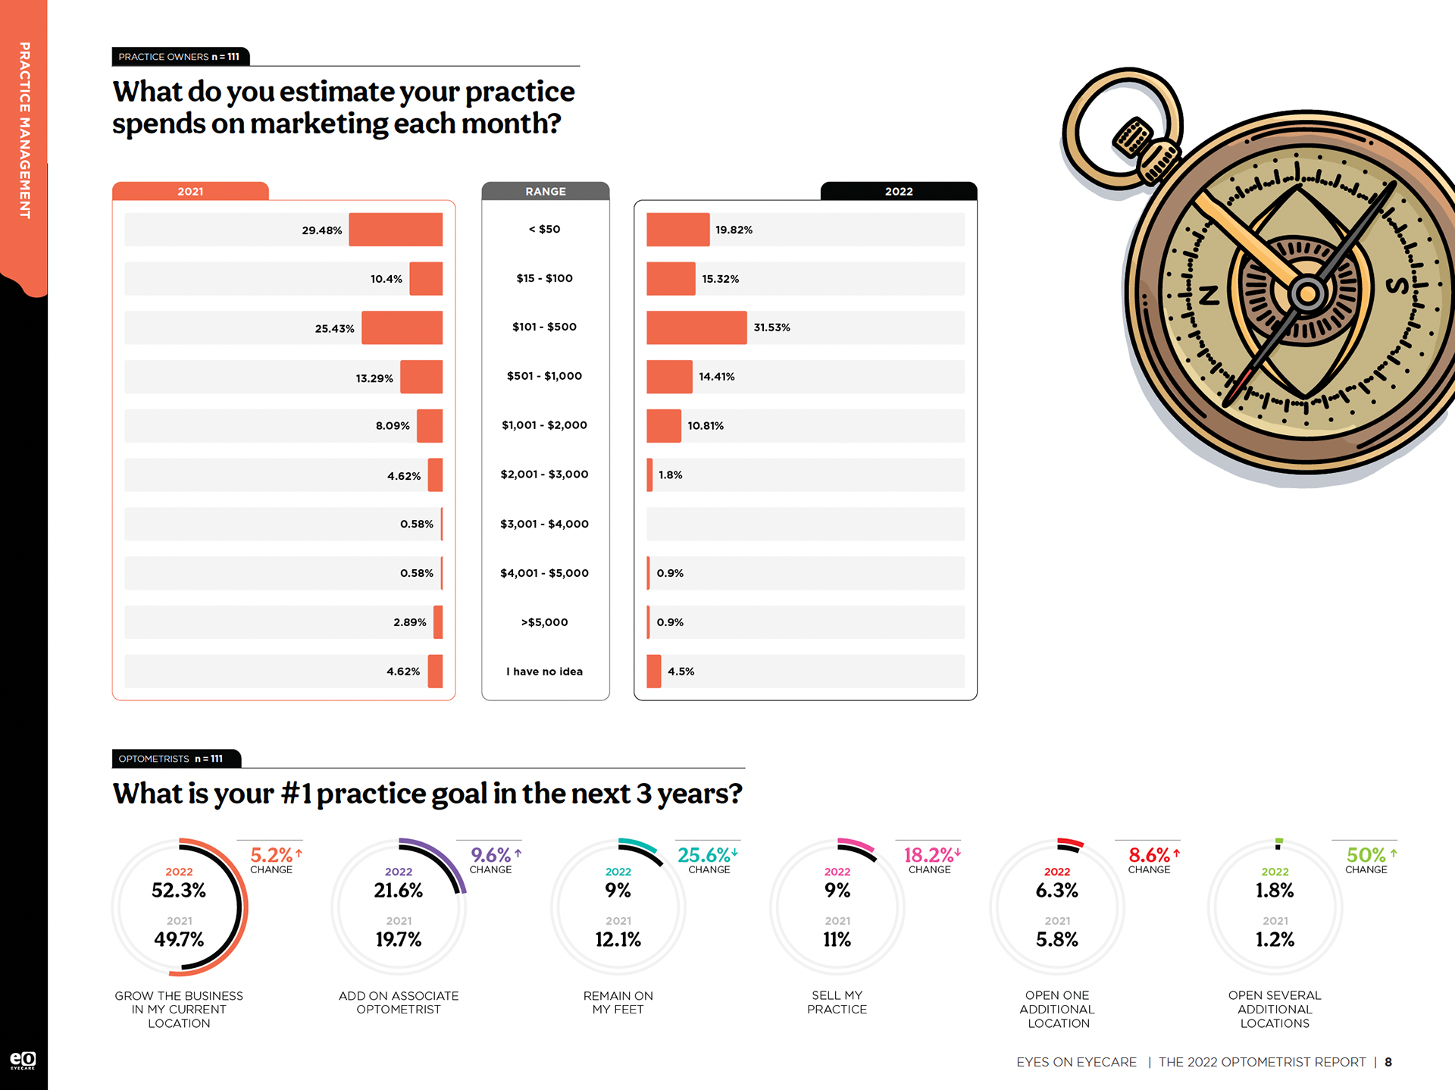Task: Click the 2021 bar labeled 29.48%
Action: [396, 230]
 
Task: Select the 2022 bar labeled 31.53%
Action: [696, 327]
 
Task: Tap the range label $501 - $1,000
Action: [544, 376]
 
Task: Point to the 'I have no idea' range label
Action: [544, 672]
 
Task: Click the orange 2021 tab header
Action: [190, 191]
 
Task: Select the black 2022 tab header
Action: [899, 191]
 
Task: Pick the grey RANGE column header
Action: [546, 191]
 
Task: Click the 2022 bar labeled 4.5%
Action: [653, 672]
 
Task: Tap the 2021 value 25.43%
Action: [334, 329]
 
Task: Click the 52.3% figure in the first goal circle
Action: [179, 891]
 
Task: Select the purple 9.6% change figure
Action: [491, 855]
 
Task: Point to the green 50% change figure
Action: [1366, 855]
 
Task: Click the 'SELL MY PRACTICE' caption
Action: [837, 1002]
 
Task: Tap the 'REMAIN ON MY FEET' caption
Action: [618, 1002]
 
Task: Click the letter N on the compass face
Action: [1209, 295]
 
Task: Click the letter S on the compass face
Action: [1397, 286]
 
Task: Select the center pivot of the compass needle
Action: [1307, 293]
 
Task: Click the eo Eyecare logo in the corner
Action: [23, 1060]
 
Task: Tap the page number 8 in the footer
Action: [1388, 1062]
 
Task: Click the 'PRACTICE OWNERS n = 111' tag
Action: [179, 57]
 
